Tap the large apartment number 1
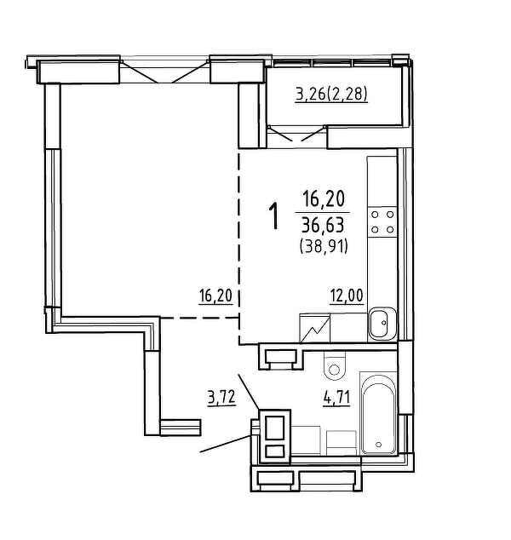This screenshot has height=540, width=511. point(273,216)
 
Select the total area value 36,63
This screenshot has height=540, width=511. point(323,226)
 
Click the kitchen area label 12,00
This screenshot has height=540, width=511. point(347,296)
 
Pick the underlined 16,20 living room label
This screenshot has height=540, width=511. point(216,296)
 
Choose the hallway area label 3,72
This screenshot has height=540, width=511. point(221,398)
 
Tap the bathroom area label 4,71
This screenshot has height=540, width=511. point(336,398)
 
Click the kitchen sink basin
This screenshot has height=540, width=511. point(382,324)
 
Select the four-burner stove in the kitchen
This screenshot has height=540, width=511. point(382,222)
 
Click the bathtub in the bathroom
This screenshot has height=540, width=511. point(378,414)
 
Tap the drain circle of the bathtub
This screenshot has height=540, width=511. point(379,445)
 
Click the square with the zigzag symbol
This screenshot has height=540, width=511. point(315,328)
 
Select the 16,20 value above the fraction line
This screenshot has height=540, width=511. point(324,199)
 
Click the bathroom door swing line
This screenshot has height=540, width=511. point(249,392)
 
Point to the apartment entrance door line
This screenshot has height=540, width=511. point(226,444)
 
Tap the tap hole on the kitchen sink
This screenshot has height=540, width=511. point(383,323)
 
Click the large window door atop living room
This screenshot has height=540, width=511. point(164,72)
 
